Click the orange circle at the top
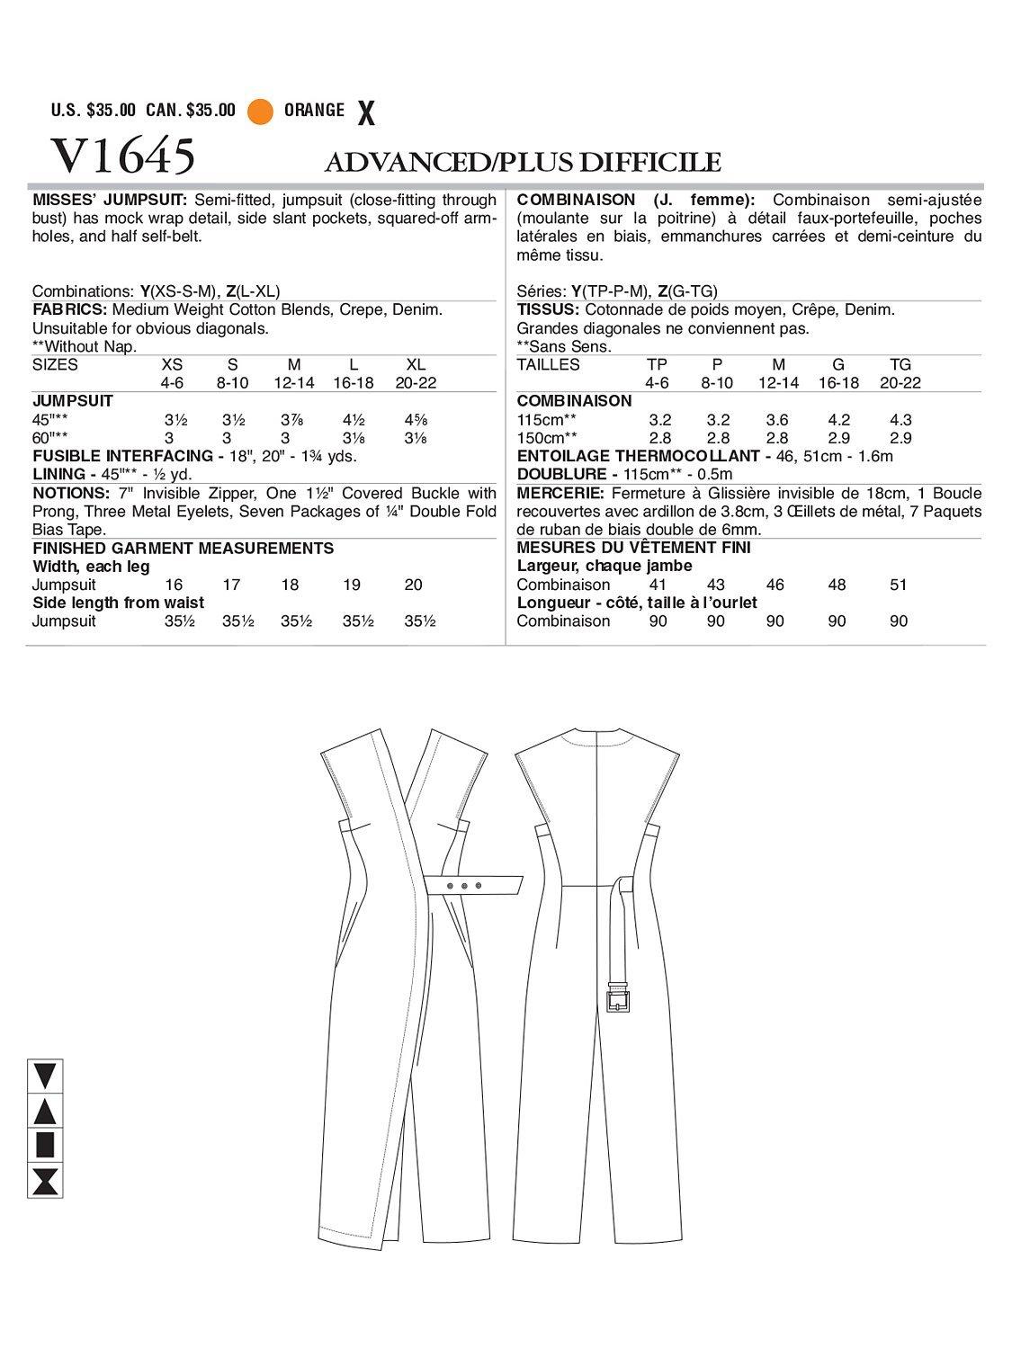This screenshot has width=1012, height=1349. click(x=260, y=112)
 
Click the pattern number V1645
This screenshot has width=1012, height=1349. click(x=112, y=156)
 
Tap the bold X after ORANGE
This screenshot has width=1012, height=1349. click(x=365, y=113)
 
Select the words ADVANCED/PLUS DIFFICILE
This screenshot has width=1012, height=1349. click(x=523, y=162)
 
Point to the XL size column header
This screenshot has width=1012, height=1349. click(x=415, y=364)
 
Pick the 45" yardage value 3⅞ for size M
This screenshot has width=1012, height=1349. click(x=293, y=419)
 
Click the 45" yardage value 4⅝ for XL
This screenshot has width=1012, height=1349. click(x=415, y=419)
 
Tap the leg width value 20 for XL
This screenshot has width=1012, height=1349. click(x=413, y=585)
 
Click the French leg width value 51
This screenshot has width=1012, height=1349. click(x=898, y=585)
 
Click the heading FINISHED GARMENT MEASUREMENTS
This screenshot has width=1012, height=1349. click(x=183, y=548)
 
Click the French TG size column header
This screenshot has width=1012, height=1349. click(x=900, y=364)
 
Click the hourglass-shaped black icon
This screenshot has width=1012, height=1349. click(x=44, y=1180)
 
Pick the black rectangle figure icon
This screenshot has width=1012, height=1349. click(x=44, y=1145)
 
